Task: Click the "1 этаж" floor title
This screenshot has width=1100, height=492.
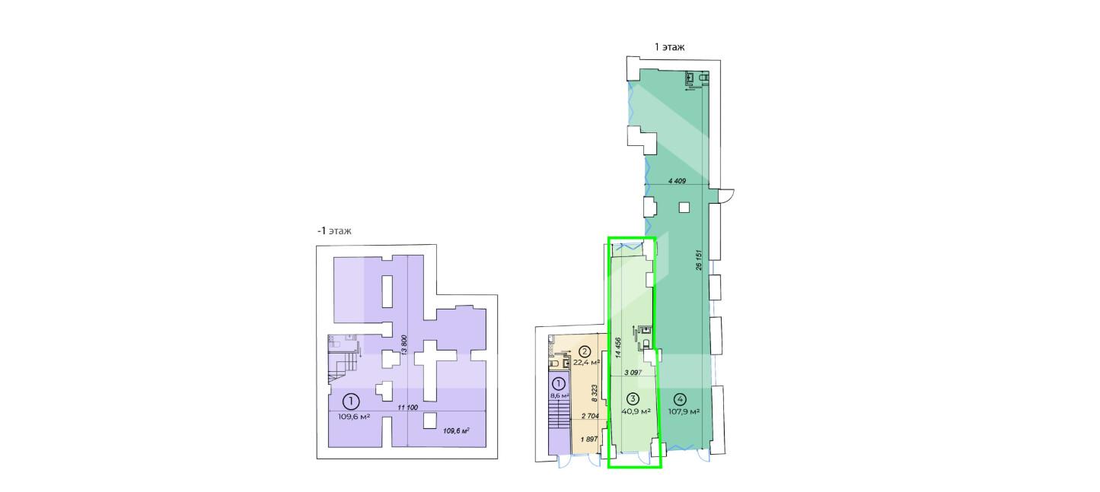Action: coord(669,47)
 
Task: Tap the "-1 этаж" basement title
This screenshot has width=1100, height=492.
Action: coord(334,230)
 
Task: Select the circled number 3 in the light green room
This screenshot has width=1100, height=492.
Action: coord(633,398)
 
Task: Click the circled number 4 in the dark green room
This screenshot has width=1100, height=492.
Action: coord(681,398)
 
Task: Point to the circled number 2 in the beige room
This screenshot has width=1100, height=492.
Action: coord(585,351)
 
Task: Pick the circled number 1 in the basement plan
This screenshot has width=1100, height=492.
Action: coord(351,402)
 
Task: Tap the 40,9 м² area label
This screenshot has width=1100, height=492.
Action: coord(636,411)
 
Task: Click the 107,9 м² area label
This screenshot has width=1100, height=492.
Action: coord(684,411)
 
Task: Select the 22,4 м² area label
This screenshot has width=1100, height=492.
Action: coord(587,363)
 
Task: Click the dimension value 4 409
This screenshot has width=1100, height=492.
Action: coord(677,181)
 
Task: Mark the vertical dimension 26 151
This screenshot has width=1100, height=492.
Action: coord(699,260)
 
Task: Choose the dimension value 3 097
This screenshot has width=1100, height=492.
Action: coord(633,373)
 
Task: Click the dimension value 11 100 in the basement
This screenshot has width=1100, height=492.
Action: coord(407,408)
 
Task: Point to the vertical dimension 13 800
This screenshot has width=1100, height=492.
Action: coord(404,345)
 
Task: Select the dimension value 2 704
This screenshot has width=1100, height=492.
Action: coord(590,416)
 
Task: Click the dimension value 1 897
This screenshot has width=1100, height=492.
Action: coord(588,439)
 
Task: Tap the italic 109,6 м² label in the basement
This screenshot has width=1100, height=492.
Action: coord(456,431)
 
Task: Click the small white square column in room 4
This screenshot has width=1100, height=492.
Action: coord(684,208)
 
